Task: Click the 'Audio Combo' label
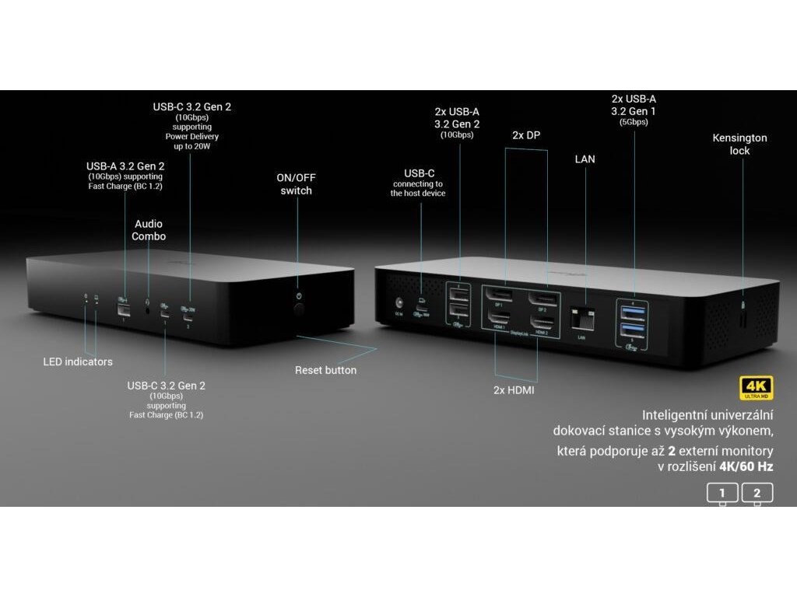149,229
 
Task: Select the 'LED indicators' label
78,361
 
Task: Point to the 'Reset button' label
325,370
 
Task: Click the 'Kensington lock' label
739,144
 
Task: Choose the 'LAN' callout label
585,159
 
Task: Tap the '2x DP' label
526,134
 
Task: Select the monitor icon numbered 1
722,493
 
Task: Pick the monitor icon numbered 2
757,493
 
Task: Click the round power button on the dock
299,310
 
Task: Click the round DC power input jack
399,302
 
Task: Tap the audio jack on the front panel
149,309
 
